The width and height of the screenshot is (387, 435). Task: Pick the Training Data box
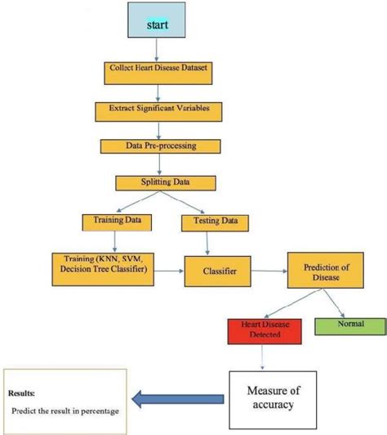112,221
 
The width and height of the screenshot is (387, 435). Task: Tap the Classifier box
215,270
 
